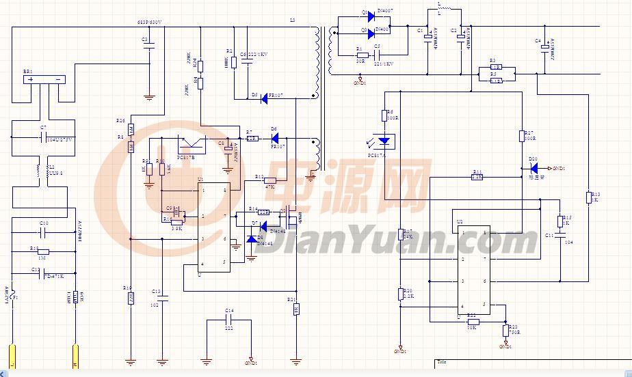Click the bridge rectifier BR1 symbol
point(44,79)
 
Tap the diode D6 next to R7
point(274,138)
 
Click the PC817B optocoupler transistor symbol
point(191,145)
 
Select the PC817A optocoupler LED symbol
point(384,141)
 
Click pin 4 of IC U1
point(202,264)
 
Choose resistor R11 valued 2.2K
point(477,177)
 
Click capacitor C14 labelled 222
point(229,319)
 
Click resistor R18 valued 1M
point(42,252)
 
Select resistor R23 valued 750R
point(505,331)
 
